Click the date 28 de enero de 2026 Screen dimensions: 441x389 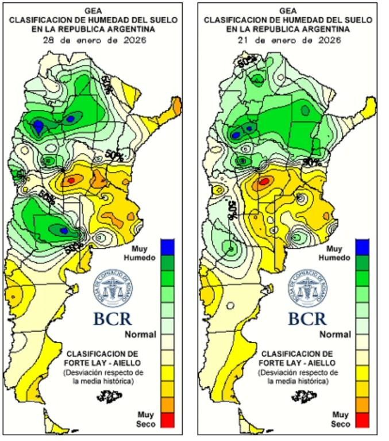(x=95, y=41)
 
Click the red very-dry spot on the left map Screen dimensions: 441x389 (x=70, y=180)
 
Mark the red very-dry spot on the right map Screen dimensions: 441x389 (x=264, y=182)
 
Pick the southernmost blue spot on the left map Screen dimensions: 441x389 (x=64, y=230)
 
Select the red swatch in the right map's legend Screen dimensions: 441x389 (x=363, y=420)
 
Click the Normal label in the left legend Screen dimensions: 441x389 (x=141, y=334)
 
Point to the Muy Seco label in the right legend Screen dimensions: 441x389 (x=341, y=419)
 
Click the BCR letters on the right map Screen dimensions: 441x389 (x=307, y=318)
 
